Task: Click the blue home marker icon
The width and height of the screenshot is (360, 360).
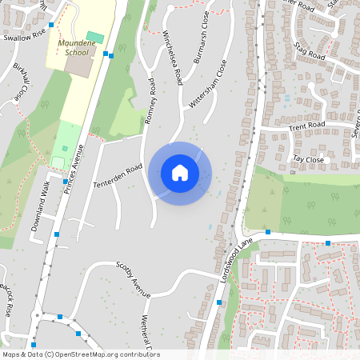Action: point(180,173)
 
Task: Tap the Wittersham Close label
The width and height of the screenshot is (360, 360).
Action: point(207,85)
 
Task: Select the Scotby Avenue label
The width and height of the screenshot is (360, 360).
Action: point(133,277)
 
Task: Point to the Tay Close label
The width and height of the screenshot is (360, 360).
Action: point(308,159)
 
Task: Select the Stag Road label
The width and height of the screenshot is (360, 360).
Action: point(309,51)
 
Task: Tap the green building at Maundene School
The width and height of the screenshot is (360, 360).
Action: point(95,37)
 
